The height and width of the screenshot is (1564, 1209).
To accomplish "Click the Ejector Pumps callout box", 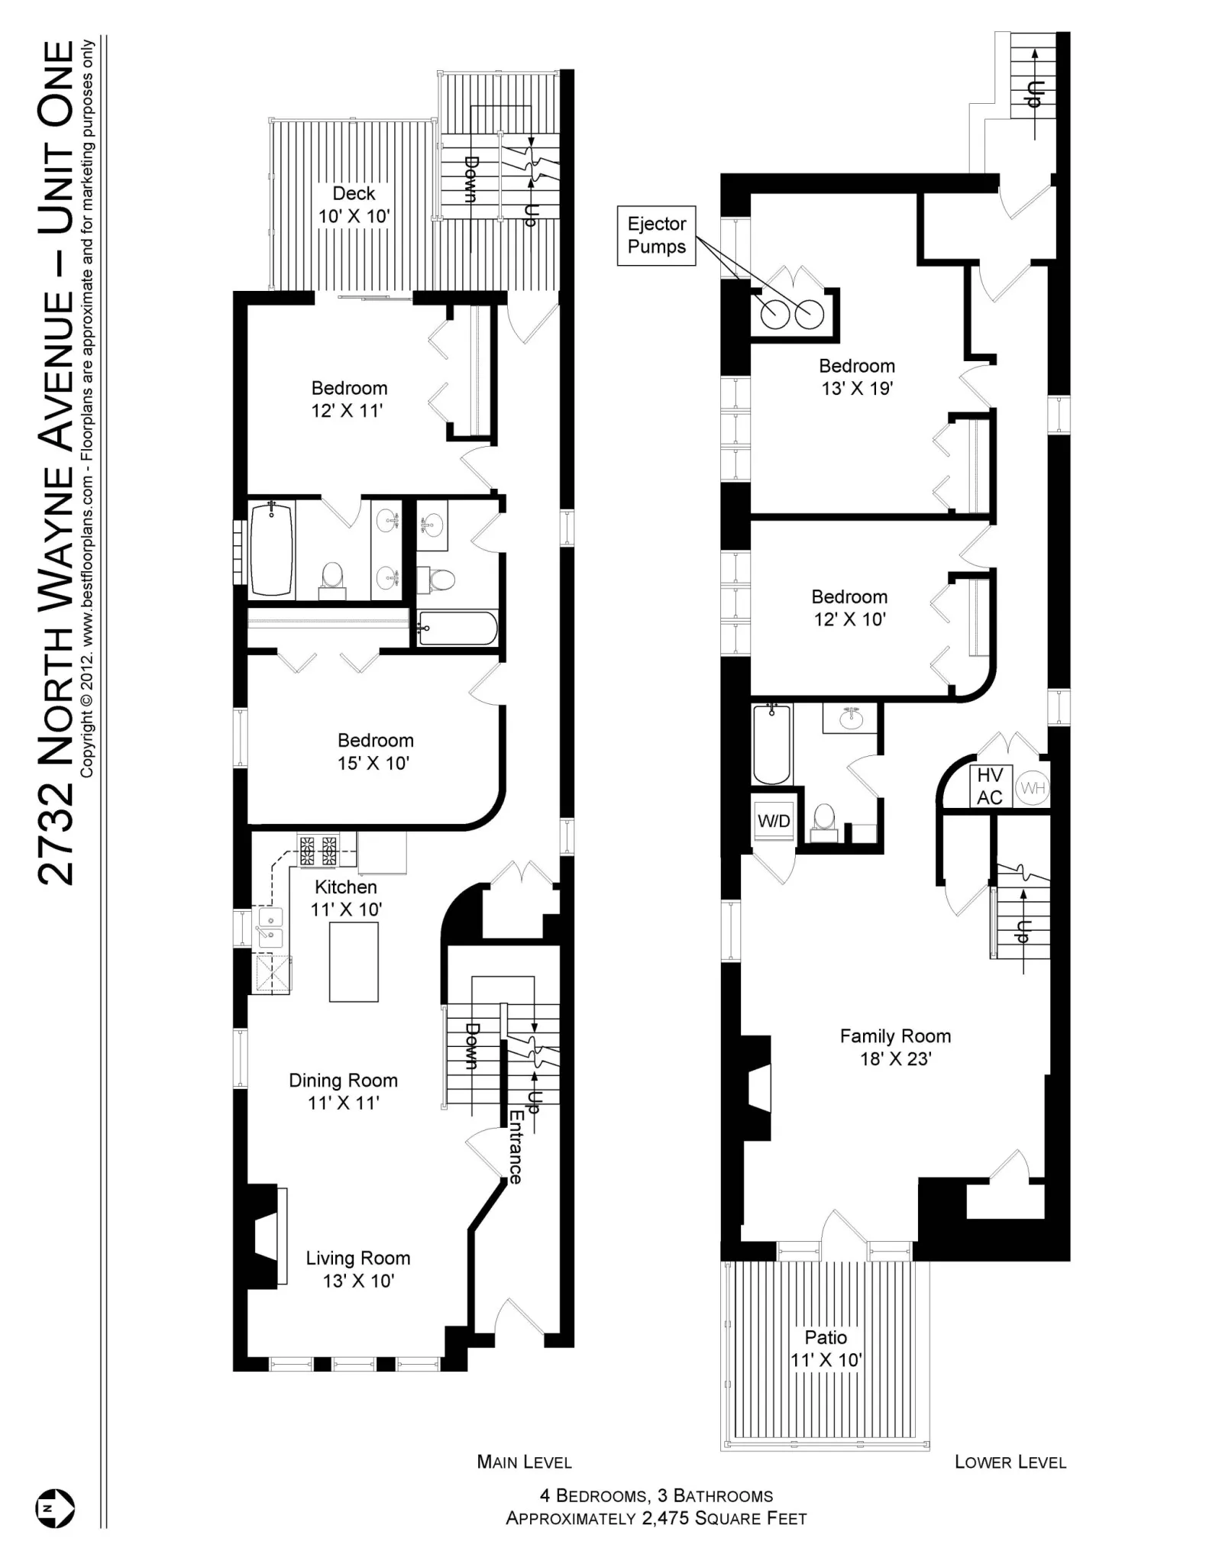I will [656, 235].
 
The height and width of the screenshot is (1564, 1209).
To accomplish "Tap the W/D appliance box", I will [773, 821].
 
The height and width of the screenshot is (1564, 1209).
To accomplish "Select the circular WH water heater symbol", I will [1033, 787].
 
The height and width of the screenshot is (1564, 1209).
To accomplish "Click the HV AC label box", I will [990, 787].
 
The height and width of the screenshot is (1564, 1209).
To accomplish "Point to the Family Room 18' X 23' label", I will [895, 1047].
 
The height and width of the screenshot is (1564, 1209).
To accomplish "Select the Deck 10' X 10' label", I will [354, 205].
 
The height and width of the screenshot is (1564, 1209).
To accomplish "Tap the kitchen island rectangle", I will [354, 961].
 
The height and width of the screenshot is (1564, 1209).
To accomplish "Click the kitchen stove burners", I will [318, 850].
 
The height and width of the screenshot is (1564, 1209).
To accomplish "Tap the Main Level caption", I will [524, 1462].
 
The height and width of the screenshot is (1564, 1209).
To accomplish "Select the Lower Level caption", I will [1010, 1462].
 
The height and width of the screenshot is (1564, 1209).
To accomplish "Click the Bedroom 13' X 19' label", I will [857, 376].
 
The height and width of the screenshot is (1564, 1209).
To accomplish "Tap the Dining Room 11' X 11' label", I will [343, 1091].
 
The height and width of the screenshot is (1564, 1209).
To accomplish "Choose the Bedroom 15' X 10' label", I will [375, 751].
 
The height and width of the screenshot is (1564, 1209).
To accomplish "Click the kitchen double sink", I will [270, 927].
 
